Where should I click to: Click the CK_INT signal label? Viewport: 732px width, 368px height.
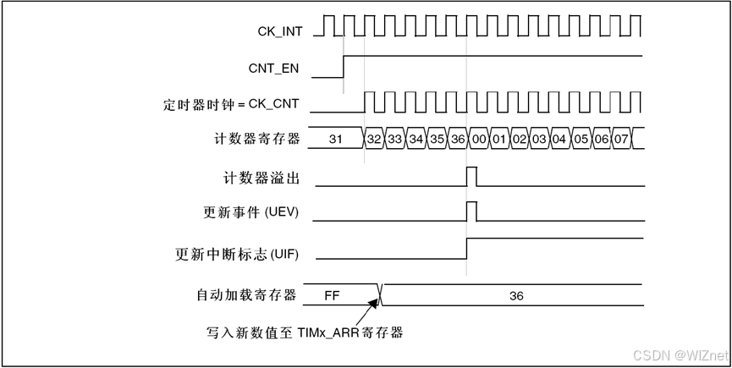coord(279,31)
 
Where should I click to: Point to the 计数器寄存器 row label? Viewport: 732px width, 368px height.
coord(257,138)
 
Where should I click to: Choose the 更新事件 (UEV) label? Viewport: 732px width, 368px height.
coord(251,212)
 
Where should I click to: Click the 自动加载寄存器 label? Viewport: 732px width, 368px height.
coord(246,295)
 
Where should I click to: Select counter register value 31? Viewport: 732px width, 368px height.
coord(335,139)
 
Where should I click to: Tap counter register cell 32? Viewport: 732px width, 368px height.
coord(374,139)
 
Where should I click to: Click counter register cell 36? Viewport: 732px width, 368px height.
coord(457,139)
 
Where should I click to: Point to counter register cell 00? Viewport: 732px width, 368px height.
coord(478,139)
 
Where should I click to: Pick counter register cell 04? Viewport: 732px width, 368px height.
coord(559,139)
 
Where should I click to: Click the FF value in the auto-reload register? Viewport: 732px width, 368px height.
coord(332,295)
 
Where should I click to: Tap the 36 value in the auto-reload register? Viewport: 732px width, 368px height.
coord(516,295)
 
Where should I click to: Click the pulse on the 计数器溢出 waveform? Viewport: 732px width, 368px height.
coord(471,176)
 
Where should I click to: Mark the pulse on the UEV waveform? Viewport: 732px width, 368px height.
coord(471,211)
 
